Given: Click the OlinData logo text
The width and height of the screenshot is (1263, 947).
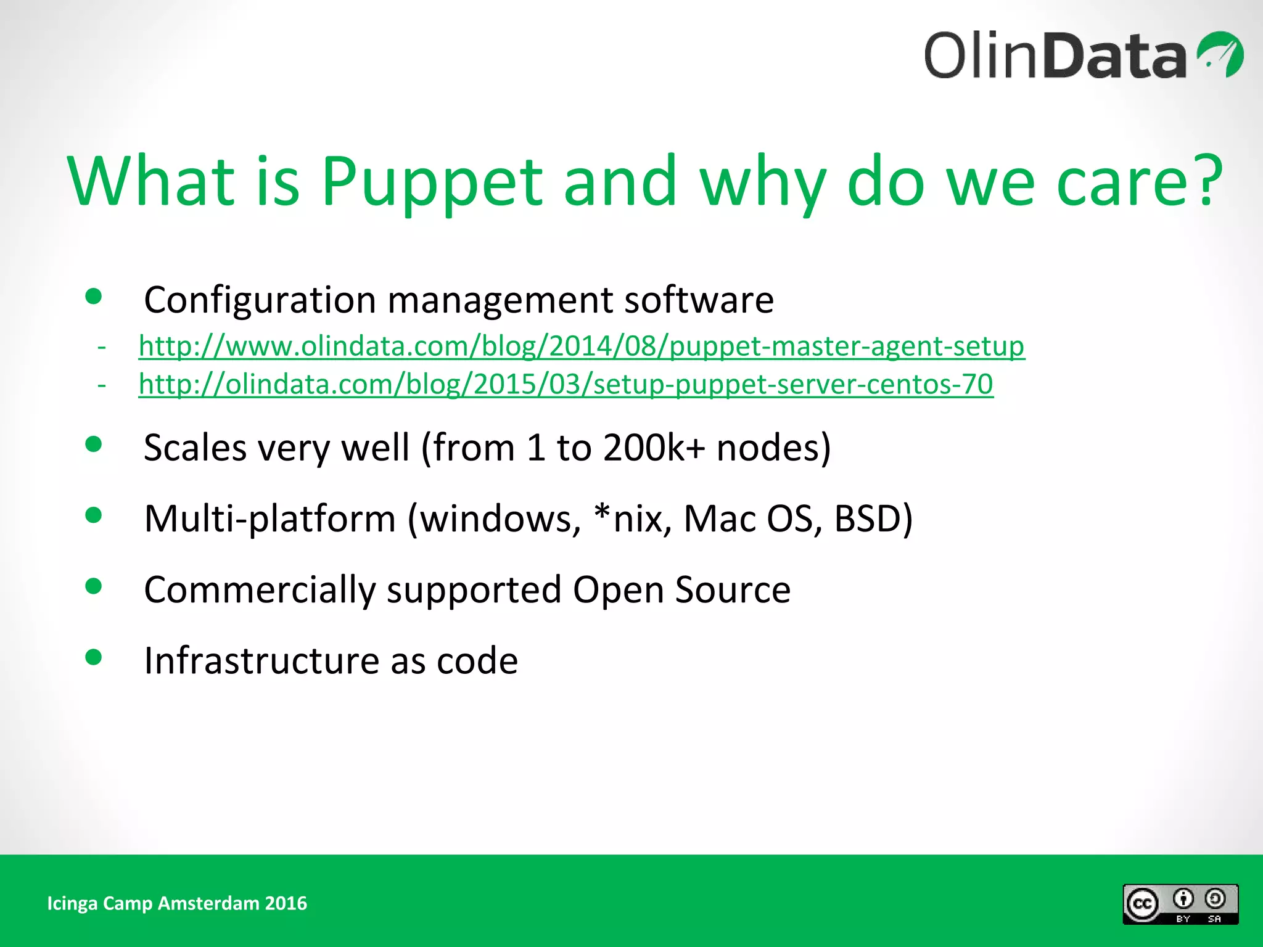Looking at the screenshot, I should click(x=1055, y=55).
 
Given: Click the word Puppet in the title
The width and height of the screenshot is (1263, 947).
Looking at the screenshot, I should click(x=432, y=182).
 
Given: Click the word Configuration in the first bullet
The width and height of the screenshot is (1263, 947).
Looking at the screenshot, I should click(x=259, y=300).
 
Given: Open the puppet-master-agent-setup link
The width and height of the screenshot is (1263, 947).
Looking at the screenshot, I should click(x=581, y=346).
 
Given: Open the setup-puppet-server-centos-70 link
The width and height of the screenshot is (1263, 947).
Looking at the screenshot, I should click(x=566, y=384).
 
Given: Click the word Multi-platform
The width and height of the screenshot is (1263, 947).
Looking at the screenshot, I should click(x=269, y=519).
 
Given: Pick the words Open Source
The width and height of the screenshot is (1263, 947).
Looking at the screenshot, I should click(x=681, y=589).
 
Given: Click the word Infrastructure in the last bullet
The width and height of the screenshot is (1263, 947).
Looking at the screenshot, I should click(x=261, y=660).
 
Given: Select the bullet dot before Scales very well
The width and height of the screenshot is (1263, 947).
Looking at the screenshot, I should click(x=94, y=444).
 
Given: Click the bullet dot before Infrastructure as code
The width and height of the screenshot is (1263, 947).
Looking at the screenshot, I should click(x=94, y=657).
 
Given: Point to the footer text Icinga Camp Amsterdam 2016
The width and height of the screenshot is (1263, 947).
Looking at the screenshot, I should click(x=177, y=903).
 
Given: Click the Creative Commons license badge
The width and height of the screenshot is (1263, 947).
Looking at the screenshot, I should click(x=1180, y=904).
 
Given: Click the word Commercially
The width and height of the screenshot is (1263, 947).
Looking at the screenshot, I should click(x=260, y=589).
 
